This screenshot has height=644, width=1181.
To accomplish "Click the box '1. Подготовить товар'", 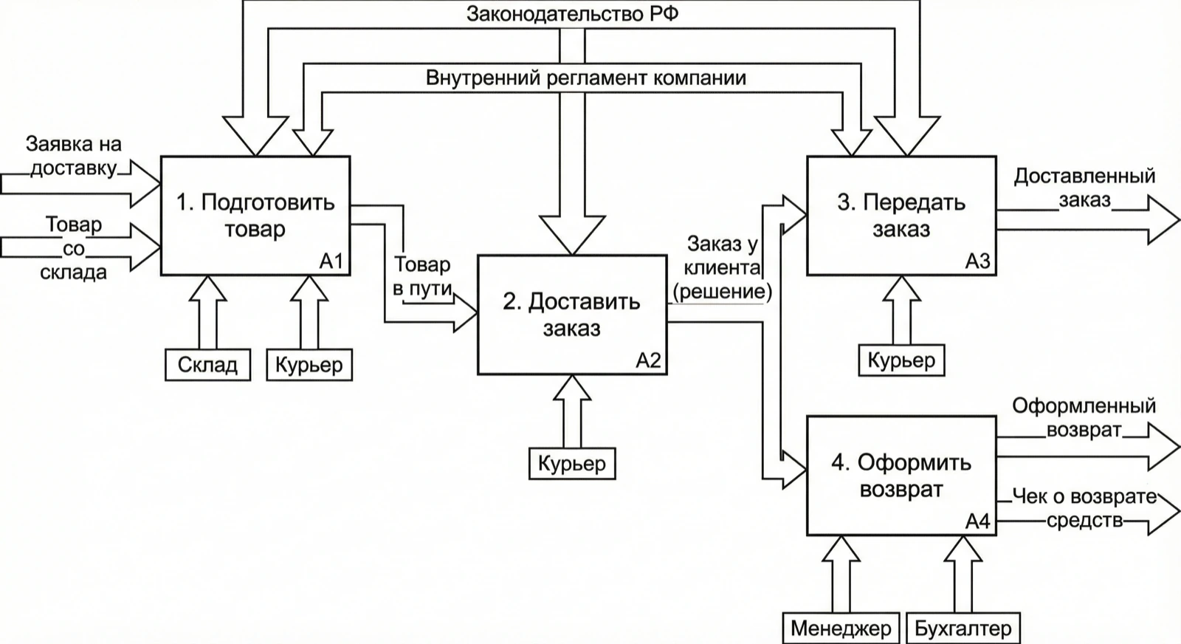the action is click(x=255, y=215).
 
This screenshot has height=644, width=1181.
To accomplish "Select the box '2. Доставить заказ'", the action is click(x=572, y=315).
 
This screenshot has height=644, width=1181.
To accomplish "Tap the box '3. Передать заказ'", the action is click(x=901, y=215).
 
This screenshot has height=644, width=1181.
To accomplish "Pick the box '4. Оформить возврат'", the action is click(x=901, y=476).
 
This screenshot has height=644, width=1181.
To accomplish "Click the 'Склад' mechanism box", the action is click(x=207, y=364).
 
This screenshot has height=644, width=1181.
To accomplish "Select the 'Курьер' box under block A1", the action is click(x=309, y=364).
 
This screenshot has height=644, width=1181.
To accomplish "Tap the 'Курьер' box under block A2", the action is click(x=572, y=464).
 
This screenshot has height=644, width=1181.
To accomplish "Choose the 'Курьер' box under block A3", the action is click(x=901, y=360).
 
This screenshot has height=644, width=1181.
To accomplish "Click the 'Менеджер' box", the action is click(x=841, y=628).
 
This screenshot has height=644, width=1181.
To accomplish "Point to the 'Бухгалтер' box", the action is click(x=963, y=628).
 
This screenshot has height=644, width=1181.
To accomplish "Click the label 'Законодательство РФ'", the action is click(x=572, y=14).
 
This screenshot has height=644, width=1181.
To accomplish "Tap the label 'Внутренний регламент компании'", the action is click(x=586, y=78).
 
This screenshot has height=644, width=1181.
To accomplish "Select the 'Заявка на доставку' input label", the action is click(x=74, y=156).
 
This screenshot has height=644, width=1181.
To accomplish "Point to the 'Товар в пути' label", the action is click(x=423, y=276).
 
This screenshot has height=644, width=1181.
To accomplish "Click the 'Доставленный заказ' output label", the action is click(x=1085, y=188).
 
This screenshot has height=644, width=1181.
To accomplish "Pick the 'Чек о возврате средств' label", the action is click(x=1084, y=508).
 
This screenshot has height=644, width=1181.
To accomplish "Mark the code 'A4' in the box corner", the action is click(x=978, y=521).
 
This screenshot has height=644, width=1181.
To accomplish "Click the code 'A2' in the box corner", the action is click(x=649, y=360).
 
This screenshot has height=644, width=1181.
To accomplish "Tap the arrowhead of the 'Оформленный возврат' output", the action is click(x=1163, y=447).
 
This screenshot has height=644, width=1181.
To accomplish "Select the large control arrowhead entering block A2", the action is click(x=572, y=235).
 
